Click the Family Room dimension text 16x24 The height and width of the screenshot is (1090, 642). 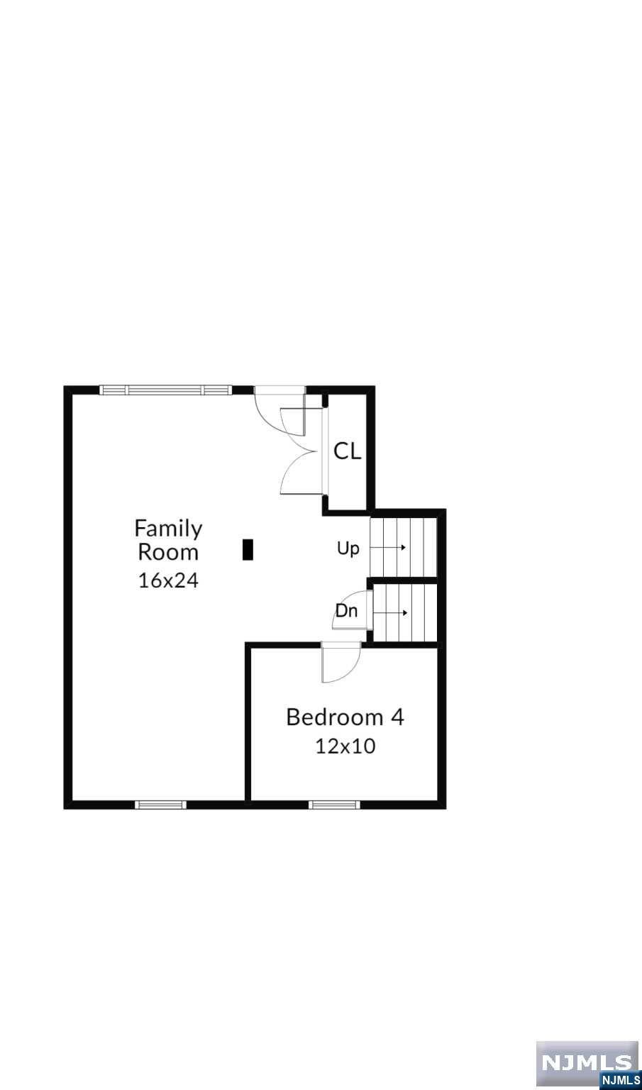click(x=168, y=580)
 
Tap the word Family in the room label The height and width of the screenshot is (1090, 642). click(x=168, y=529)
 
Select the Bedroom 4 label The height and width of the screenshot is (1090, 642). click(x=345, y=717)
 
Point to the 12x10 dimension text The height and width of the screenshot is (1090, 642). click(x=345, y=746)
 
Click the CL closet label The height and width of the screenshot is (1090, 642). click(x=348, y=451)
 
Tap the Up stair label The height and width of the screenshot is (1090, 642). click(x=348, y=549)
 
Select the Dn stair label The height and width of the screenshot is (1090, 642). click(x=346, y=611)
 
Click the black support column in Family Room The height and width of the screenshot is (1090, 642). click(x=248, y=549)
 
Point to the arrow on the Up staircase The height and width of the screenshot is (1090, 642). click(x=389, y=547)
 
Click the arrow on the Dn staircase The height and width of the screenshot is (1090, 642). click(x=391, y=613)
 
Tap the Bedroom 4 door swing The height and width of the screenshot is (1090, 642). click(x=341, y=663)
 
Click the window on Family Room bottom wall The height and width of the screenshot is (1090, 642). click(x=160, y=805)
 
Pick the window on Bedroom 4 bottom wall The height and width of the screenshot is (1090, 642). click(x=335, y=805)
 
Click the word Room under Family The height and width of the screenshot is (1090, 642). click(x=168, y=552)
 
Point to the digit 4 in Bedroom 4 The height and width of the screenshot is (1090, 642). click(x=397, y=717)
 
